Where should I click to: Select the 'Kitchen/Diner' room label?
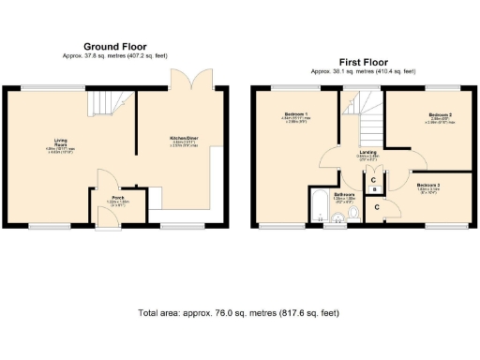(183, 139)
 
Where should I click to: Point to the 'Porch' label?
(119, 198)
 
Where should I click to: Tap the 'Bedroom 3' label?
(430, 186)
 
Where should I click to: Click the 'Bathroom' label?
(328, 194)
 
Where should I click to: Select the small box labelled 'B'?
(375, 187)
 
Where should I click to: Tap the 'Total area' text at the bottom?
(239, 313)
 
